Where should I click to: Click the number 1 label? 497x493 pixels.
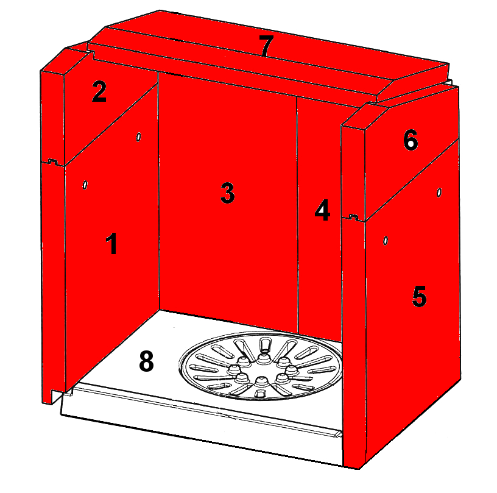111,243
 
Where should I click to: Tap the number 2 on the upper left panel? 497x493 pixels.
99,91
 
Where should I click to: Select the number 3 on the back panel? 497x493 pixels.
227,193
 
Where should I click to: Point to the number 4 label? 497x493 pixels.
322,210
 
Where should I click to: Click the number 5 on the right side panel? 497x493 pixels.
419,296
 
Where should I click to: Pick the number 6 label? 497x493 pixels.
411,140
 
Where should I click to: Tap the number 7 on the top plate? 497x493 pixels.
266,45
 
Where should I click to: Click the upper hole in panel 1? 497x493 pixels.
138,137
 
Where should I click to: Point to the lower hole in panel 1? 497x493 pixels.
85,185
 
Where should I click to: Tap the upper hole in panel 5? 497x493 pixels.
439,192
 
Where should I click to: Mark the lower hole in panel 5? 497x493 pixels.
386,241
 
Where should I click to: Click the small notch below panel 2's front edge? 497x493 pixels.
52,162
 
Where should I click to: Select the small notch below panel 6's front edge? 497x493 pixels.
354,217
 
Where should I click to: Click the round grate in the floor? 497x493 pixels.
261,366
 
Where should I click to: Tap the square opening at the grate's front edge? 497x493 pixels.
259,394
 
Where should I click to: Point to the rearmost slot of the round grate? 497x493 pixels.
265,344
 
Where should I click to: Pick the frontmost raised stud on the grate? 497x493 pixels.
261,381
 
